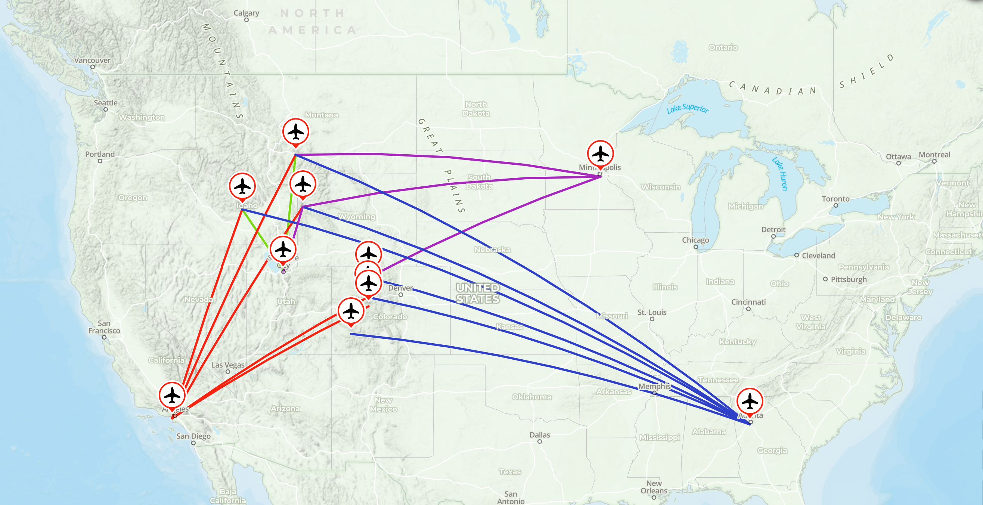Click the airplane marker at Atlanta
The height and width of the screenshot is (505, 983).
[x=750, y=401]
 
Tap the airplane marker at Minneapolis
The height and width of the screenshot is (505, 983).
[x=600, y=154]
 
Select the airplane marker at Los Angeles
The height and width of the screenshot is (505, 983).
[x=172, y=395]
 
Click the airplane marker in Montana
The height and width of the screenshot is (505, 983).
[x=296, y=132]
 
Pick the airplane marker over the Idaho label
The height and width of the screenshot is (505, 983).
[x=242, y=186]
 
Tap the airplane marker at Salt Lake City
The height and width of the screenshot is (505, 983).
[x=283, y=250]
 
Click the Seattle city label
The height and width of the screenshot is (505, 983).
[x=106, y=103]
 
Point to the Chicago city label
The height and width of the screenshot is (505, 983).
[x=695, y=240]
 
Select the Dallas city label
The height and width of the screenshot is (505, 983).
[x=540, y=435]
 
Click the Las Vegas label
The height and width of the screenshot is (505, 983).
[x=228, y=365]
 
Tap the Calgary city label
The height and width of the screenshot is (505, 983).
[x=246, y=13]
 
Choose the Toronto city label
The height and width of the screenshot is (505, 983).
[x=835, y=199]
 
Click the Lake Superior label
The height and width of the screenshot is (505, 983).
[x=688, y=109]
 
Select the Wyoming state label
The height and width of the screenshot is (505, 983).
[x=356, y=217]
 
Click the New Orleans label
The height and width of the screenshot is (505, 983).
[x=654, y=487]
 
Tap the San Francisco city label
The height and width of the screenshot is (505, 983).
[x=104, y=327]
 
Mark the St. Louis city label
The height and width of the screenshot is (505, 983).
[x=652, y=312]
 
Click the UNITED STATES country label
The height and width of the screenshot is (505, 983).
[x=478, y=293]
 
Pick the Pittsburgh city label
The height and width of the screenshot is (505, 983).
[x=849, y=279]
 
